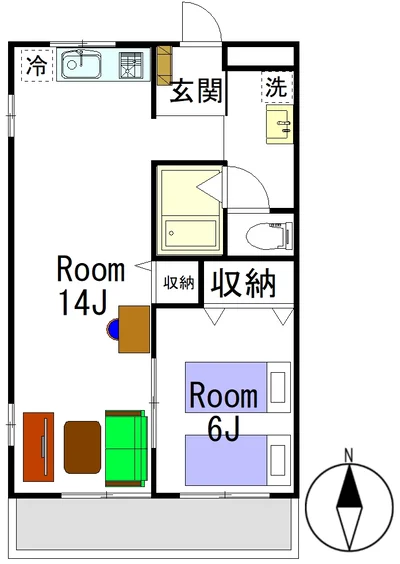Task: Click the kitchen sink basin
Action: (81, 65)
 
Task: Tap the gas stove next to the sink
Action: (131, 65)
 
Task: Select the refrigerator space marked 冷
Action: (37, 65)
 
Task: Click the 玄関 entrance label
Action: (196, 91)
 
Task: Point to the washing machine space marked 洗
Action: (277, 87)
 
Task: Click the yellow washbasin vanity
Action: (279, 124)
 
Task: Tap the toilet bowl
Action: (269, 236)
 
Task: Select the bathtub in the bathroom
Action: (190, 234)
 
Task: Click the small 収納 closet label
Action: (179, 283)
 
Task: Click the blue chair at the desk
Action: (113, 329)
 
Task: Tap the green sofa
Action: (126, 448)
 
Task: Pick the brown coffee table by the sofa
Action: (82, 447)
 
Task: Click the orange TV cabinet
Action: (38, 447)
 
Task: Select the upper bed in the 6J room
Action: (238, 387)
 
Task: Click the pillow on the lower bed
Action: (278, 460)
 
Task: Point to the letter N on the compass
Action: (348, 455)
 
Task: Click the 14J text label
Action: (83, 302)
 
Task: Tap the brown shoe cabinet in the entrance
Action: (165, 65)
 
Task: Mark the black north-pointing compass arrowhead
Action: (349, 486)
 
